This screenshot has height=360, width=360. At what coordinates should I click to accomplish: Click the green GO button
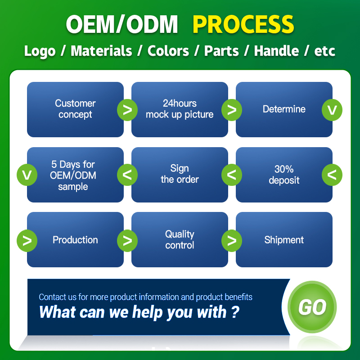pyautogui.click(x=312, y=307)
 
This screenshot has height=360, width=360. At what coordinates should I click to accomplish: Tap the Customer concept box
pyautogui.click(x=75, y=109)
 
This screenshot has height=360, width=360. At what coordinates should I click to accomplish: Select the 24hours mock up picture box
pyautogui.click(x=180, y=109)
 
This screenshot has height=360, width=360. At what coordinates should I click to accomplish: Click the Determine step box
pyautogui.click(x=284, y=109)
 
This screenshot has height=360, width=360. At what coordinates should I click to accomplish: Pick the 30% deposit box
pyautogui.click(x=284, y=175)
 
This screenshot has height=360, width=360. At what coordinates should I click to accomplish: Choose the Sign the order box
pyautogui.click(x=180, y=175)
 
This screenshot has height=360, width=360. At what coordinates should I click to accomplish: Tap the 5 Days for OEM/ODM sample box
pyautogui.click(x=75, y=175)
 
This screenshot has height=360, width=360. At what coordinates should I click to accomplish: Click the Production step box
pyautogui.click(x=75, y=240)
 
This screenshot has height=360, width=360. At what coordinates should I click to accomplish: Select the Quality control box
pyautogui.click(x=180, y=240)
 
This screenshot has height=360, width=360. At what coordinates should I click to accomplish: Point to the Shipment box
pyautogui.click(x=284, y=240)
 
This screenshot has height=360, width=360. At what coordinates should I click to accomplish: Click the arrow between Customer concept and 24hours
pyautogui.click(x=127, y=110)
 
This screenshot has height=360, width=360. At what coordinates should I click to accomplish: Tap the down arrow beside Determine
pyautogui.click(x=332, y=110)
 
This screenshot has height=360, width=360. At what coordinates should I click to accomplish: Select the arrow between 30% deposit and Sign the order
pyautogui.click(x=232, y=175)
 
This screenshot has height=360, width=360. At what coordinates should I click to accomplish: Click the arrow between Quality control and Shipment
pyautogui.click(x=232, y=240)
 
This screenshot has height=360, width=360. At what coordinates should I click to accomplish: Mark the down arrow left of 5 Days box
pyautogui.click(x=27, y=175)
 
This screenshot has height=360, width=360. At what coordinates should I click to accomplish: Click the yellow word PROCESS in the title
pyautogui.click(x=243, y=24)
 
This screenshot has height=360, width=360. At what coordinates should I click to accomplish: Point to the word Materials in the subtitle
pyautogui.click(x=101, y=51)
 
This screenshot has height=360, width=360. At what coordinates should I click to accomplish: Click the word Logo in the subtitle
pyautogui.click(x=40, y=51)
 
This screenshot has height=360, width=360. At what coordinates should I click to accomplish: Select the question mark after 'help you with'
pyautogui.click(x=235, y=312)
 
